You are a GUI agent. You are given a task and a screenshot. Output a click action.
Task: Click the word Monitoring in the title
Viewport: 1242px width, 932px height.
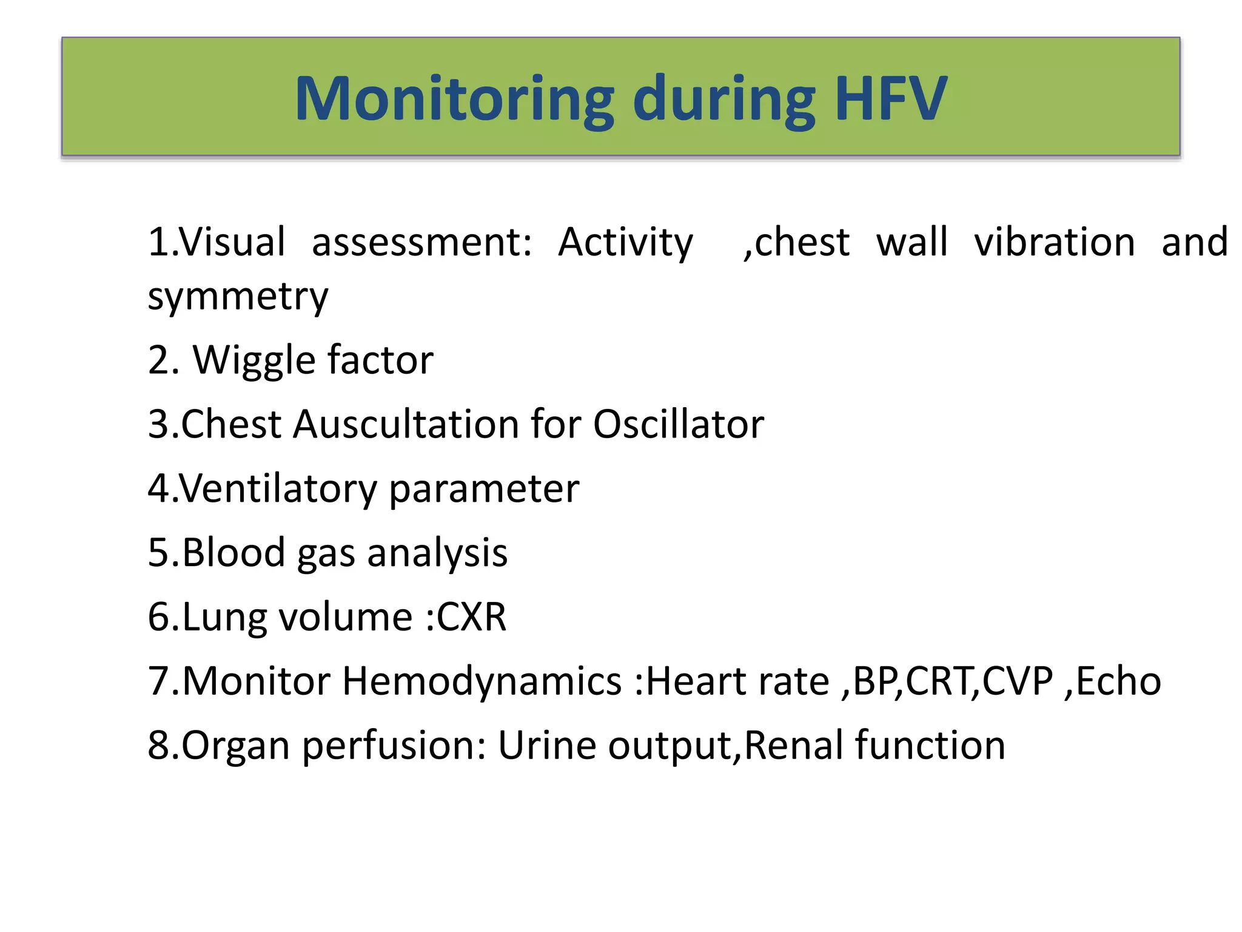[x=454, y=99]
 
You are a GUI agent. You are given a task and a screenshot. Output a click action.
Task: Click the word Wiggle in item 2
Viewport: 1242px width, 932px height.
[x=253, y=361]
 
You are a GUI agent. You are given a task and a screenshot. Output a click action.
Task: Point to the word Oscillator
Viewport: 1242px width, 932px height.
[x=678, y=424]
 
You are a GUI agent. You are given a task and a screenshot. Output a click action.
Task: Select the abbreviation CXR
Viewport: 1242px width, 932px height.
[x=471, y=618]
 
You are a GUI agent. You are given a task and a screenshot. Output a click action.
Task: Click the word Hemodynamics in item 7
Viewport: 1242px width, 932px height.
[x=482, y=681]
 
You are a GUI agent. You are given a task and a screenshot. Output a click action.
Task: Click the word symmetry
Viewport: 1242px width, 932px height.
[x=238, y=297]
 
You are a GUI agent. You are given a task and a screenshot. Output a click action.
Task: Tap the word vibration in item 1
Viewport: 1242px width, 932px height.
[x=1054, y=243]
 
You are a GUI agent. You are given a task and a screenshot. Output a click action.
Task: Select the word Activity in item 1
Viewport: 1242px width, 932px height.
[x=625, y=243]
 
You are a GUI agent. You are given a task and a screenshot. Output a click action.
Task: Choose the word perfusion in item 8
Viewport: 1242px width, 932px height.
[x=393, y=746]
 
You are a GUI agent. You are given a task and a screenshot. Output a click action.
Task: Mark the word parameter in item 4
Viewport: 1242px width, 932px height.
[x=483, y=489]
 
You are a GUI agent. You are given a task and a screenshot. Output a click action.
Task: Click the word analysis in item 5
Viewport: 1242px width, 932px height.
[x=437, y=553]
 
